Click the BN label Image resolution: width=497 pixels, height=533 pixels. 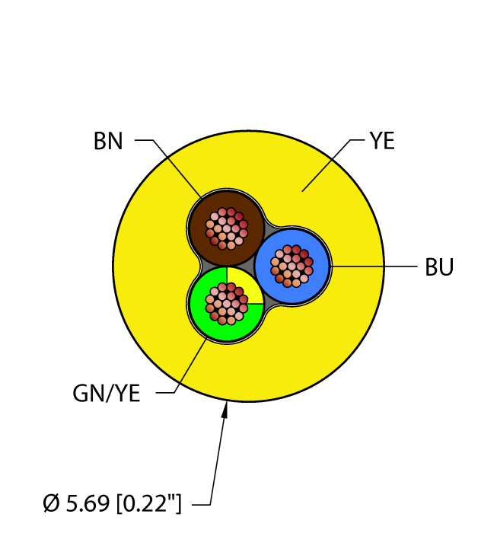click(x=108, y=141)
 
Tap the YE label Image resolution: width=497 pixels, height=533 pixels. click(x=382, y=141)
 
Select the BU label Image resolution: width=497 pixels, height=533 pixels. click(x=439, y=266)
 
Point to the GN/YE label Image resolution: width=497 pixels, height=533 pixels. click(x=107, y=394)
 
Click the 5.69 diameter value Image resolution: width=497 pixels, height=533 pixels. click(x=88, y=503)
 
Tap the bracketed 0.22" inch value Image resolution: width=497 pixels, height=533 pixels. click(x=148, y=503)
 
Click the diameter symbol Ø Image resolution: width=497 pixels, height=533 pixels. click(x=52, y=503)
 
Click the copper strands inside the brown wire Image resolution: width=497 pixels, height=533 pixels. click(x=227, y=228)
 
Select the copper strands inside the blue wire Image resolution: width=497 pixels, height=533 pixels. click(x=292, y=266)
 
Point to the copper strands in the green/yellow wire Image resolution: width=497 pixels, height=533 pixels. click(x=227, y=304)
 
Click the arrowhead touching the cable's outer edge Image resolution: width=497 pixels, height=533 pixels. click(x=225, y=410)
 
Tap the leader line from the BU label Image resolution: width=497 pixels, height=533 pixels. click(x=374, y=266)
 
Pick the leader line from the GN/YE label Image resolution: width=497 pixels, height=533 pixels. click(x=182, y=366)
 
